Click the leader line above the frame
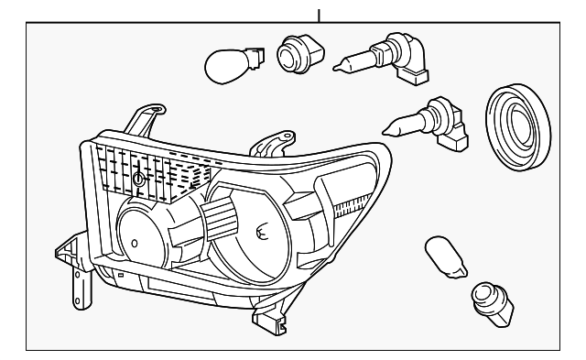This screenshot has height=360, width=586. point(319,15)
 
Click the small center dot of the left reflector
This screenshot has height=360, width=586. point(134,245)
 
